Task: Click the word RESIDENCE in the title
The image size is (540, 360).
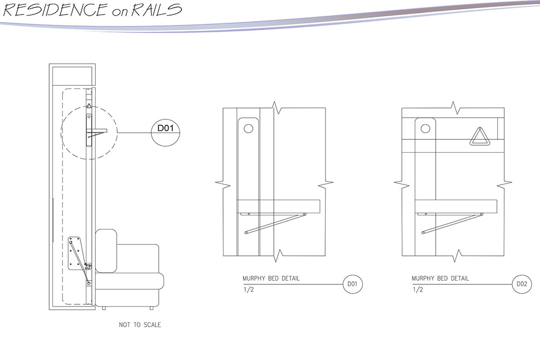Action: (54, 10)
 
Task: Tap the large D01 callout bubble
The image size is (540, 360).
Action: (165, 129)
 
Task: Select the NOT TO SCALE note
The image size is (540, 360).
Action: (140, 325)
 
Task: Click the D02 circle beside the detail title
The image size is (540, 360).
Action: (521, 284)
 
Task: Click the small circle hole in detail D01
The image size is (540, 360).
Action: (248, 129)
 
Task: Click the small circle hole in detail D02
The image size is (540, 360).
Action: (425, 129)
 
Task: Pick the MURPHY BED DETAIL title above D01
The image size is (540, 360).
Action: (271, 279)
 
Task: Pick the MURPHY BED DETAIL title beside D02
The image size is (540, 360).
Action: (440, 279)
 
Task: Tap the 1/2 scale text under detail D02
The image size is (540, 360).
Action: (417, 290)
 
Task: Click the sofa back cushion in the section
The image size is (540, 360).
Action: (106, 250)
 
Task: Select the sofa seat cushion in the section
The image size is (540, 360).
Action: (130, 281)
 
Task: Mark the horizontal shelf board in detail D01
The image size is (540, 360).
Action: (279, 206)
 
